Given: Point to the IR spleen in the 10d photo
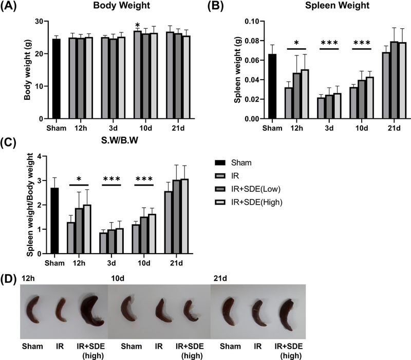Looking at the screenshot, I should coord(159,313).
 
